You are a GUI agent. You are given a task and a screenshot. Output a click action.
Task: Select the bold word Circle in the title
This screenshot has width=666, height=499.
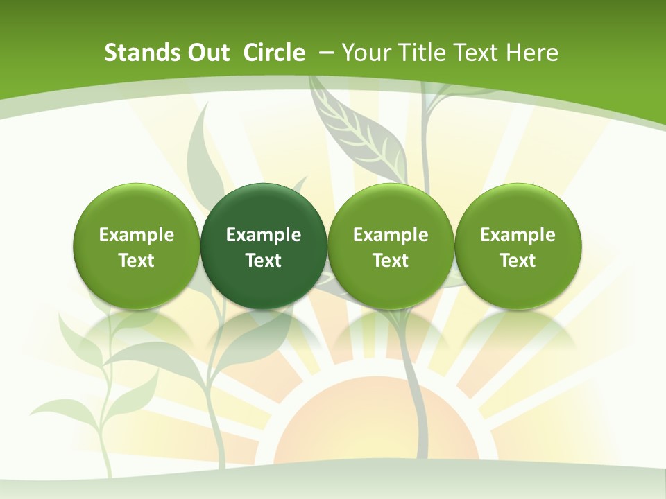pyautogui.click(x=274, y=53)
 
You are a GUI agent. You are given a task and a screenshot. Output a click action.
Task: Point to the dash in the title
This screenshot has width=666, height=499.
pyautogui.click(x=326, y=53)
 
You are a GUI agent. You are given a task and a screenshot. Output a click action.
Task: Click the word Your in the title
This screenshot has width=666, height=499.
pyautogui.click(x=367, y=53)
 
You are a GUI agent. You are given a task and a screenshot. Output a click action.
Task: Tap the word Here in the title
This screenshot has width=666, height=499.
pyautogui.click(x=532, y=53)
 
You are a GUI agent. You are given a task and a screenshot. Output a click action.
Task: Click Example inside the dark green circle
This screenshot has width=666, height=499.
pyautogui.click(x=264, y=235)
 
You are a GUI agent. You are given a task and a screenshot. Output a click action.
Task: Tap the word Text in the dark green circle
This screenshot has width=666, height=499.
pyautogui.click(x=264, y=261)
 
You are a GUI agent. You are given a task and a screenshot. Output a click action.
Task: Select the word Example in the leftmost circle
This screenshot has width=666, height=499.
pyautogui.click(x=136, y=235)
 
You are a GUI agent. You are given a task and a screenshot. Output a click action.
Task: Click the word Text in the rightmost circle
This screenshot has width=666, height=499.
pyautogui.click(x=518, y=261)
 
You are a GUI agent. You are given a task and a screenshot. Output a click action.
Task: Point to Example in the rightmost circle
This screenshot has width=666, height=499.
pyautogui.click(x=518, y=235)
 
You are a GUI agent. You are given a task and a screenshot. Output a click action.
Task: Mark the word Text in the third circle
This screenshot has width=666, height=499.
pyautogui.click(x=391, y=261)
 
